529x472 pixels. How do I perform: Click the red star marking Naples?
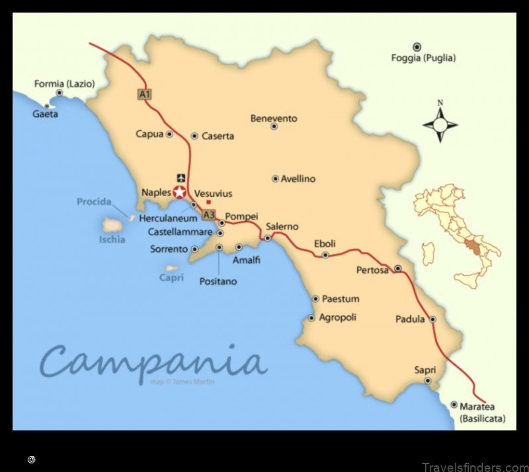tap(179, 192)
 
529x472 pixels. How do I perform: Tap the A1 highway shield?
tap(144, 95)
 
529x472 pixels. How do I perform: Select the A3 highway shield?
tap(209, 215)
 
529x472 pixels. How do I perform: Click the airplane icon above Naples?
tap(181, 177)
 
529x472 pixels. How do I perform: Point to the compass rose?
tap(440, 124)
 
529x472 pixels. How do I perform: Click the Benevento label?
tap(274, 118)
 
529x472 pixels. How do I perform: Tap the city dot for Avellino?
tap(276, 178)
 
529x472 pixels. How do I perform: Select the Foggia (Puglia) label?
tap(423, 58)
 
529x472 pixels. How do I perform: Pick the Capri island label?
tap(171, 278)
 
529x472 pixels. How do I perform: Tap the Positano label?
tap(218, 281)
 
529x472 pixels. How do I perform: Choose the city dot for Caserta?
tap(194, 136)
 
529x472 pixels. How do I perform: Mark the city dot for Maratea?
tap(454, 405)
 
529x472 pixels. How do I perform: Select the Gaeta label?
tap(45, 114)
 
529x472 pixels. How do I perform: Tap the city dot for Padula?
tap(432, 319)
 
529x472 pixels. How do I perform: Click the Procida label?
tap(94, 202)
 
